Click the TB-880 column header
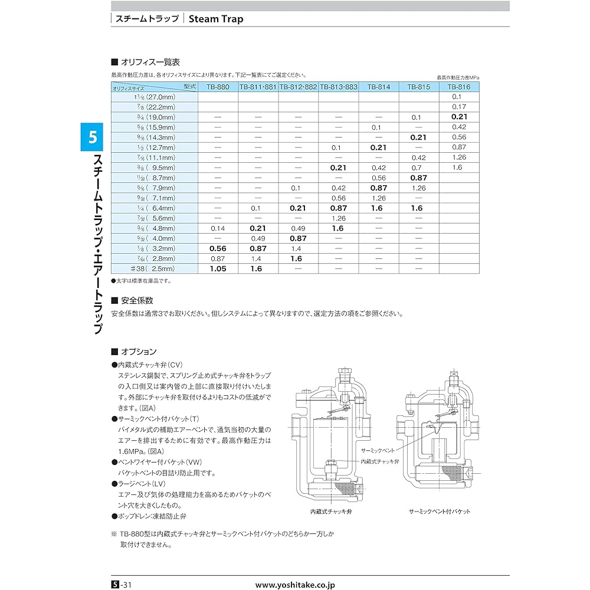pyautogui.click(x=218, y=87)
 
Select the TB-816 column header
pyautogui.click(x=459, y=87)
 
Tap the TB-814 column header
pyautogui.click(x=379, y=87)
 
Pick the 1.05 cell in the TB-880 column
pyautogui.click(x=218, y=268)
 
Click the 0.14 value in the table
pyautogui.click(x=218, y=228)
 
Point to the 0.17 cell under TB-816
pyautogui.click(x=459, y=107)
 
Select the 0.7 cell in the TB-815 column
pyautogui.click(x=419, y=167)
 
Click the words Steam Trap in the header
pyautogui.click(x=216, y=18)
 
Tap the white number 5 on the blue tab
pyautogui.click(x=92, y=138)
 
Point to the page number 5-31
pyautogui.click(x=123, y=585)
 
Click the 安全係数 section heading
pyautogui.click(x=136, y=300)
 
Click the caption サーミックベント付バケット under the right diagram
pyautogui.click(x=440, y=512)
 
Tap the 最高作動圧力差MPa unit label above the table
pyautogui.click(x=458, y=77)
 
